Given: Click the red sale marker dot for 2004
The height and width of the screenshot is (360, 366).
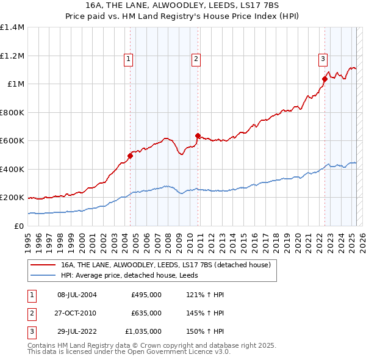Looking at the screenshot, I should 130,156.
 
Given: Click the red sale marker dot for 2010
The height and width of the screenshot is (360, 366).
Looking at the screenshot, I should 198,135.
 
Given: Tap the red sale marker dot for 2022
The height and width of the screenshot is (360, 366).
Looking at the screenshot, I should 325,79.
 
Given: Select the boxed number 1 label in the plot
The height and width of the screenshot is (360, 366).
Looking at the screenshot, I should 129,59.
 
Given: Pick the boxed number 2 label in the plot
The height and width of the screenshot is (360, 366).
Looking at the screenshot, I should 196,59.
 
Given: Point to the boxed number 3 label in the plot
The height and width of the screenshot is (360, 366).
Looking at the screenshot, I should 322,59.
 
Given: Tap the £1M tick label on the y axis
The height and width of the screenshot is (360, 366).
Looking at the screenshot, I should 16,84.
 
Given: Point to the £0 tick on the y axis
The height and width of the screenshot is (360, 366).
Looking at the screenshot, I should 20,226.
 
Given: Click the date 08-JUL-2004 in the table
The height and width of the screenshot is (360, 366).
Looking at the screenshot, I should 77,295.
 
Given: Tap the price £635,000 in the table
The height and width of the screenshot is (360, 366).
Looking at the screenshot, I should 146,313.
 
